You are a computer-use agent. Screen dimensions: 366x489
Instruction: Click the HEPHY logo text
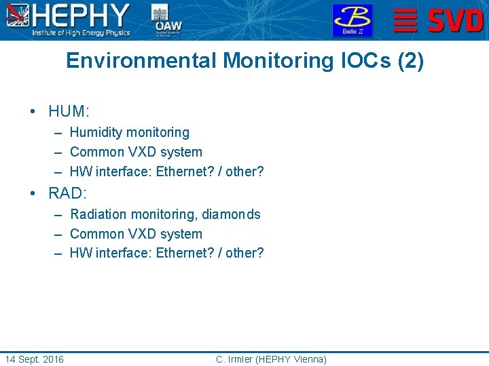[x=81, y=16]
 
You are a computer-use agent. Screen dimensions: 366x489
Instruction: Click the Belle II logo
[x=352, y=20]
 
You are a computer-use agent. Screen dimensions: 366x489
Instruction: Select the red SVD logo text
[x=456, y=20]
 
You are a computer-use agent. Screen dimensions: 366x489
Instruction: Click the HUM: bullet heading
[x=69, y=111]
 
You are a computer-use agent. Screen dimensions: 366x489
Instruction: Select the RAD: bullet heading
[x=69, y=193]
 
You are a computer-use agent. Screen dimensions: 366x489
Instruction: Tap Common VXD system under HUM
[x=136, y=152]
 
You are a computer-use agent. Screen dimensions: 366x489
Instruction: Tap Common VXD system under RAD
[x=136, y=234]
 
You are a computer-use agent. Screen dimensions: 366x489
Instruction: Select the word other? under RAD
[x=244, y=253]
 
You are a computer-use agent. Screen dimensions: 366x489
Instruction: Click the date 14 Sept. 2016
[x=34, y=359]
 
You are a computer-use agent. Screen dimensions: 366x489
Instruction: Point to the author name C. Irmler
[x=234, y=359]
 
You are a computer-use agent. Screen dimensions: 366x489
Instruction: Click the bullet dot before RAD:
[x=33, y=193]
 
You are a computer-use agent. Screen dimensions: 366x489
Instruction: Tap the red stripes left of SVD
[x=405, y=20]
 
